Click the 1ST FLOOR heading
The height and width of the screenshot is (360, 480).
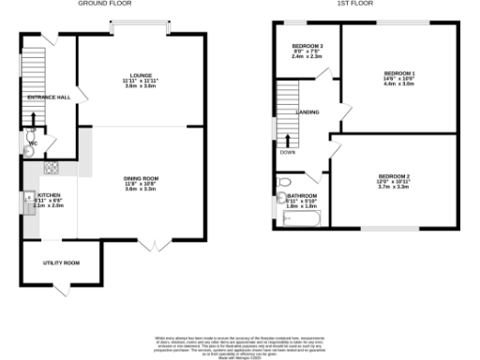click(351, 4)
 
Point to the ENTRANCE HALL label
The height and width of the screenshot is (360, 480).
click(50, 97)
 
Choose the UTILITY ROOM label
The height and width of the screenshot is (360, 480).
click(61, 262)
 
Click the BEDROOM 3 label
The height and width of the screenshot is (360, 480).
click(307, 46)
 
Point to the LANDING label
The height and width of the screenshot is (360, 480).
click(307, 113)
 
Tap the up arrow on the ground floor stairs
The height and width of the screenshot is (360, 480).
click(34, 119)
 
